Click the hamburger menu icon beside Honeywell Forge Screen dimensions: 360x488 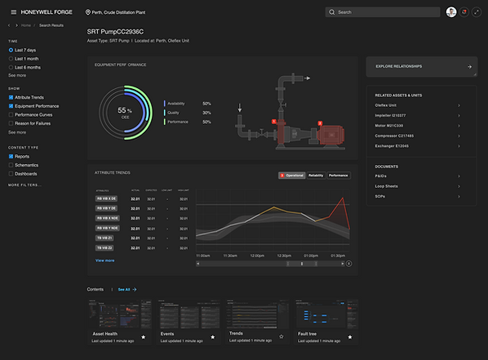tap(13, 12)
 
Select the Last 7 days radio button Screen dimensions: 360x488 tap(11, 50)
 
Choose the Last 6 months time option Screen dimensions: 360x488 tap(11, 67)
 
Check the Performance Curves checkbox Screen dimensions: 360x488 tap(11, 115)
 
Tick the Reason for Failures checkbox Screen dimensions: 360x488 tap(11, 124)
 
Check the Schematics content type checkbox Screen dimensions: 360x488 tap(11, 165)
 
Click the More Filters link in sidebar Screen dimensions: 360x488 tap(24, 185)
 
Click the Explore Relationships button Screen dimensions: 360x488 tap(421, 67)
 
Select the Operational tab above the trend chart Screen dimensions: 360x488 tap(291, 176)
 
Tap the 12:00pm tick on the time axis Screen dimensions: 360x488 tap(258, 256)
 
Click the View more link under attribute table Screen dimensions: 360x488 tap(104, 260)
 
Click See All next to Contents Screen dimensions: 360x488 tap(126, 289)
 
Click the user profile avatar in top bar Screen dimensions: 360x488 tap(451, 12)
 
